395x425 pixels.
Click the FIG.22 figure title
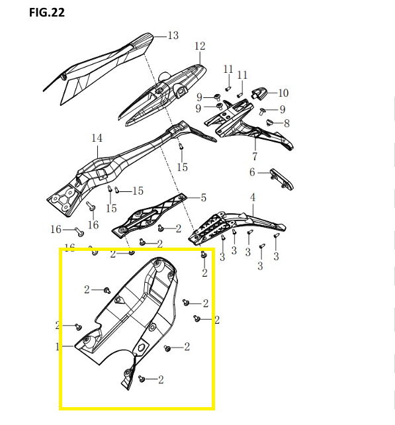coord(47,13)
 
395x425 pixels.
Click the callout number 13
coord(173,36)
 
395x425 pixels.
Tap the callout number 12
coord(200,46)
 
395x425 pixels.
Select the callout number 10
coord(283,93)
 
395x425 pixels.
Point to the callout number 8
coord(286,123)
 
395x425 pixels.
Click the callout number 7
coord(255,156)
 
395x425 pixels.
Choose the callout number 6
coord(252,172)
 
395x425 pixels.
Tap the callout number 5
coord(204,198)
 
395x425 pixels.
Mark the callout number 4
coord(253,197)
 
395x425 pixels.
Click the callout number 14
coord(97,138)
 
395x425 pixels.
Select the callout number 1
coord(57,346)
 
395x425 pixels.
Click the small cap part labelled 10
coord(259,93)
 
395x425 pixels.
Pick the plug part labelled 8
coord(269,122)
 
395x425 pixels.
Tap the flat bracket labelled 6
coord(281,179)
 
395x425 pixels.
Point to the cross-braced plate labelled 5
coord(150,215)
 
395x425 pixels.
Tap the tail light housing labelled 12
coord(163,95)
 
